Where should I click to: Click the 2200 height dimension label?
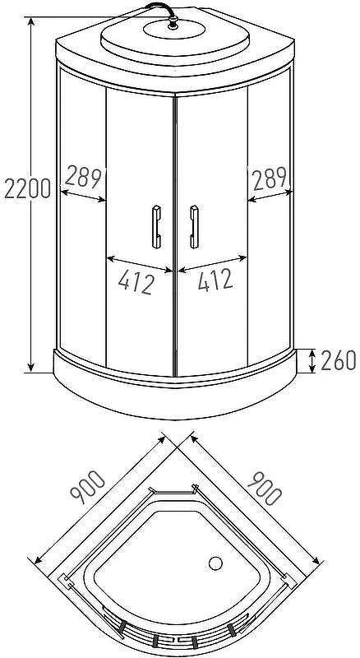[28, 188]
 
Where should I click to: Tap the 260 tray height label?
[338, 360]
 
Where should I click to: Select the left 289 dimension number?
[84, 178]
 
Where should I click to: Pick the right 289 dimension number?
[270, 178]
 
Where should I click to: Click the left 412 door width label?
[136, 281]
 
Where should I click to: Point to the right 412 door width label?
[215, 280]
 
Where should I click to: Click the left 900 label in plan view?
[87, 487]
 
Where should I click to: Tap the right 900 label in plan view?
[265, 488]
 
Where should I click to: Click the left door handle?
[156, 227]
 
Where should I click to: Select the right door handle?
[194, 227]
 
